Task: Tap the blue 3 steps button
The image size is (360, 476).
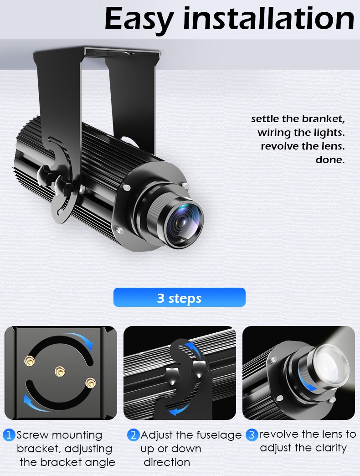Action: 179,297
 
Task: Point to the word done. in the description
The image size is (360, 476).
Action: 330,160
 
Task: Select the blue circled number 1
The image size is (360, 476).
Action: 9,435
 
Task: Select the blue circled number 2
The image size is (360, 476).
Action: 133,435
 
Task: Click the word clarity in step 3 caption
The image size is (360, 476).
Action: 331,448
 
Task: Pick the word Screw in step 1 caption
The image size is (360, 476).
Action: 32,435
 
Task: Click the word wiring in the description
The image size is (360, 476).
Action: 274,133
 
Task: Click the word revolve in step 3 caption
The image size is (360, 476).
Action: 277,435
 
